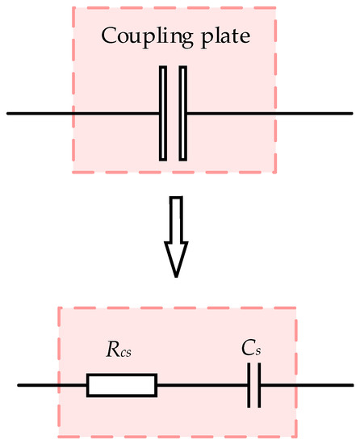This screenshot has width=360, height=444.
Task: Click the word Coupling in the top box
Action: pos(136,36)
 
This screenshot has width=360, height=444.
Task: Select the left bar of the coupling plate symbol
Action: pos(164,113)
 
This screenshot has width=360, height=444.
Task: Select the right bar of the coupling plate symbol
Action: pos(183,113)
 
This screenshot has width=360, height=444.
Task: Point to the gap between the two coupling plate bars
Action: pos(174,113)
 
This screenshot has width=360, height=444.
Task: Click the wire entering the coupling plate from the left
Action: pos(81,113)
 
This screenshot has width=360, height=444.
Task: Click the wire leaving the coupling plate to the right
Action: pos(258,113)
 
